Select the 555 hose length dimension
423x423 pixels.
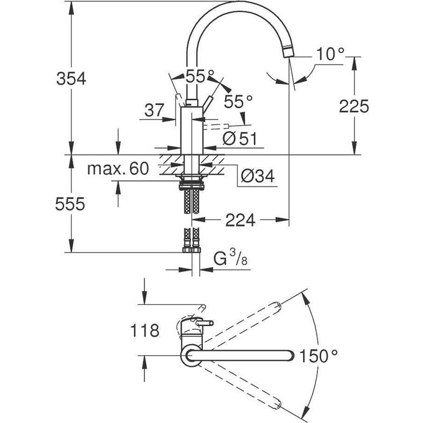click(x=70, y=205)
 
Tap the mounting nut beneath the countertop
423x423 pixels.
click(x=190, y=184)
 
